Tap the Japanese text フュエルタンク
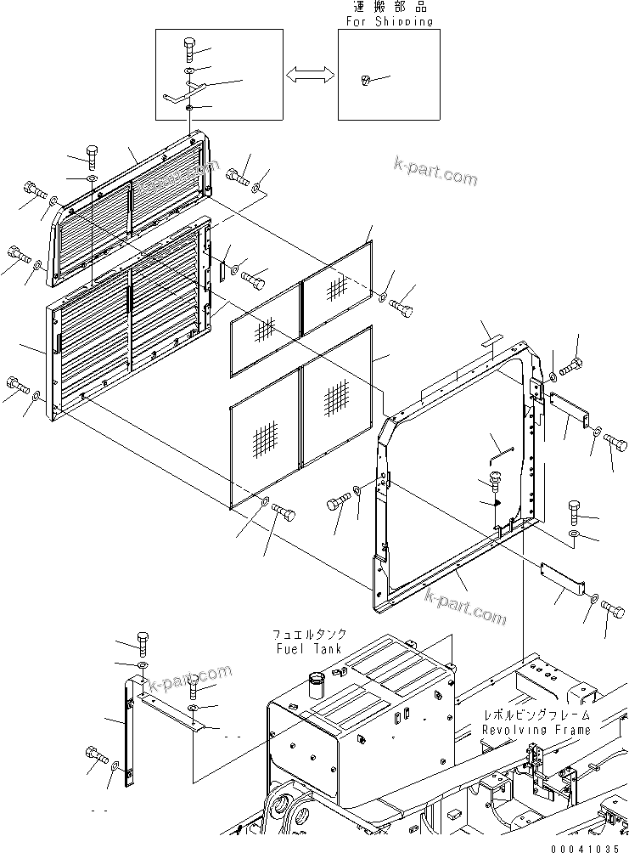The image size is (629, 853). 309,635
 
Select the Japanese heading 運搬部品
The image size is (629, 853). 390,8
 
